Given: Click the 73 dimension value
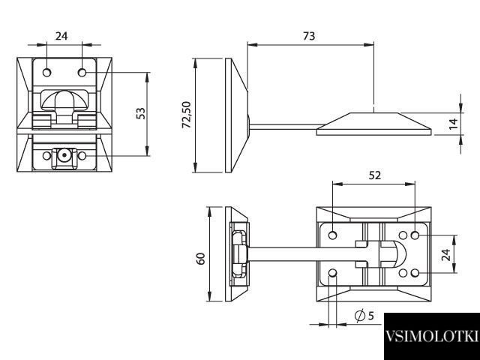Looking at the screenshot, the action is tap(309, 36).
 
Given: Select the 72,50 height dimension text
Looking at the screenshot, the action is tap(186, 115).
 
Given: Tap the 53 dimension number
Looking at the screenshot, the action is tap(140, 113).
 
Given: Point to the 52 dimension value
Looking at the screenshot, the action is tap(375, 175).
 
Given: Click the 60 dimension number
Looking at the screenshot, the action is tap(200, 259).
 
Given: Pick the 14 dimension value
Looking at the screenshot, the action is tap(453, 123).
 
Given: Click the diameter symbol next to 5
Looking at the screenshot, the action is tap(360, 315).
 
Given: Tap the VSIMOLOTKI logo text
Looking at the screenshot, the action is tap(431, 336).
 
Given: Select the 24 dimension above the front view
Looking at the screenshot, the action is tap(61, 36).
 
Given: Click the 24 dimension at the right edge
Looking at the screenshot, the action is tap(445, 255).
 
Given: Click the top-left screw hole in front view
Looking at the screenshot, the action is tap(46, 73).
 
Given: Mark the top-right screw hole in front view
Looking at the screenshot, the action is tap(82, 73).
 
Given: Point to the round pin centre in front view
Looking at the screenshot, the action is tap(64, 155).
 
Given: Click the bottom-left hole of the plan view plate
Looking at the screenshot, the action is tap(333, 273).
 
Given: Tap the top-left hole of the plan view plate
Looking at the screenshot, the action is tap(333, 235).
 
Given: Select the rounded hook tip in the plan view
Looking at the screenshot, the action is tap(400, 253).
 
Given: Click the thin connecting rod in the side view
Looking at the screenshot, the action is tap(284, 127).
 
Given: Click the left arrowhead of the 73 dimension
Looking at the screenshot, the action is tap(252, 45).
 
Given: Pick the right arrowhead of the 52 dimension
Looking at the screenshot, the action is tap(410, 184).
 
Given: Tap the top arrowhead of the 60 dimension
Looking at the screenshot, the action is tap(210, 211).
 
